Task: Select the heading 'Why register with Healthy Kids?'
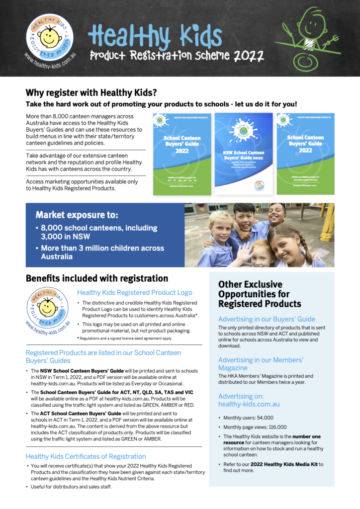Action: (91, 92)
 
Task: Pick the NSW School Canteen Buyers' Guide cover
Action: (244, 154)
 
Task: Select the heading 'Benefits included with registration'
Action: (97, 278)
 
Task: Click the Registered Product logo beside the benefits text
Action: (48, 308)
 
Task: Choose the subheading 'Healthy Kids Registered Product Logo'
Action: (134, 293)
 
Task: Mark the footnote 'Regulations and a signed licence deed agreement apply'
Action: (126, 338)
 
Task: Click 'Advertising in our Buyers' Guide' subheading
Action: (267, 319)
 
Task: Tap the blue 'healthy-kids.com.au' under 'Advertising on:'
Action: (249, 405)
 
